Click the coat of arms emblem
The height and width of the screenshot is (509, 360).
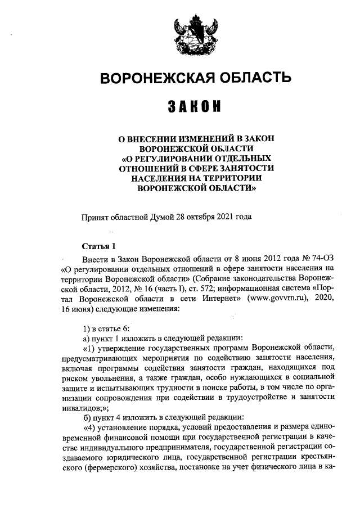click(189, 32)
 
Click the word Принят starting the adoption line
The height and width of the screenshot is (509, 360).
click(94, 215)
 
